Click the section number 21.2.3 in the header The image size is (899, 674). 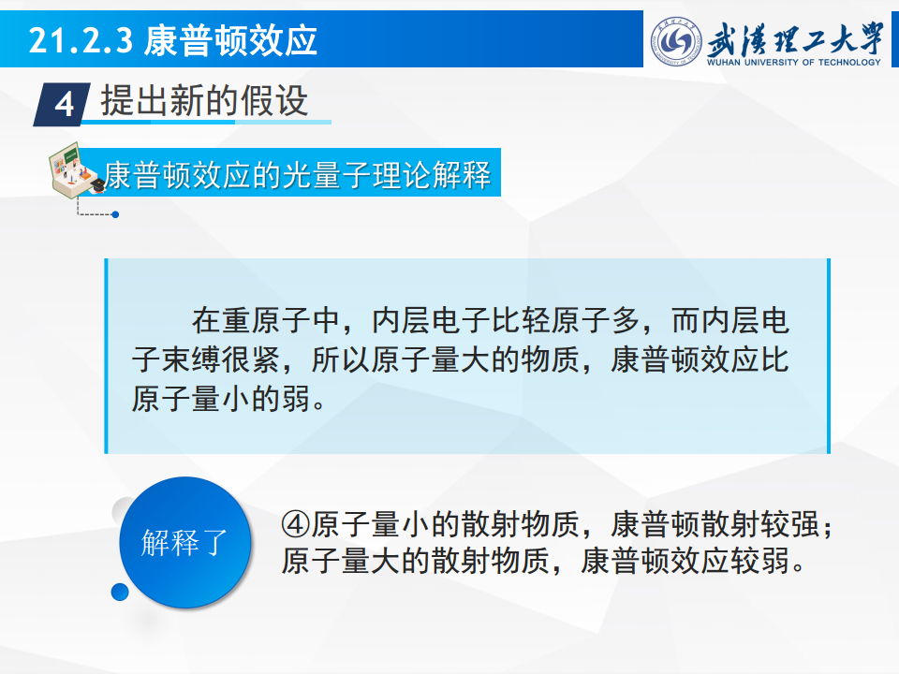coord(81,40)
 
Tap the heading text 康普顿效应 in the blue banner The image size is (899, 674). coord(230,40)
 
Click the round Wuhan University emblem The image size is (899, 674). coord(676,41)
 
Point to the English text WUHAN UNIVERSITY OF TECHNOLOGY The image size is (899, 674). coord(794,62)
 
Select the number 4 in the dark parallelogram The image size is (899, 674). coord(65,105)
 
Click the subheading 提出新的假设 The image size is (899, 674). coord(205,100)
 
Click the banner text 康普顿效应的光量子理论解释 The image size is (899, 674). coord(298,174)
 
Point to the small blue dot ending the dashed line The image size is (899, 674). coord(115,214)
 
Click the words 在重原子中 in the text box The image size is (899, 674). coord(266,321)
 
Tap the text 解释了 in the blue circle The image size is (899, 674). coord(184,542)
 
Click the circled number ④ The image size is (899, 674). coord(296,524)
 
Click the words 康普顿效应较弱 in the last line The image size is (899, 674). coord(685,561)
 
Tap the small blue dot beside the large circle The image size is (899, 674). coord(120,592)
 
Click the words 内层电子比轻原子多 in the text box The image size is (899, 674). coord(506,321)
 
